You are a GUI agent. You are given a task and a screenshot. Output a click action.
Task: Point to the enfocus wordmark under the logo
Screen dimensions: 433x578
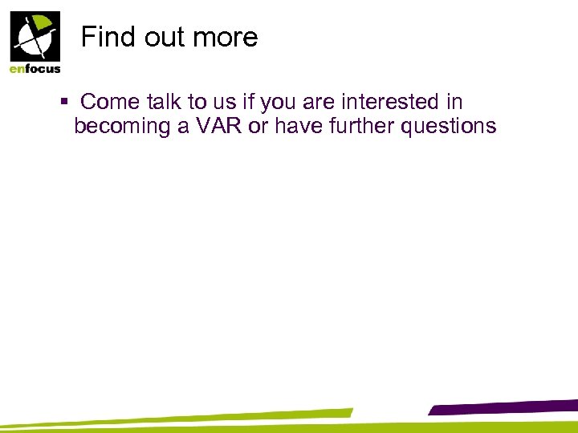tap(35, 69)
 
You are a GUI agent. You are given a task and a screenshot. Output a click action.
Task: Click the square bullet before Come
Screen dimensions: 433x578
tap(64, 103)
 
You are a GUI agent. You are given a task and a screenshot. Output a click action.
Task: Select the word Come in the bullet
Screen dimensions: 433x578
tap(112, 102)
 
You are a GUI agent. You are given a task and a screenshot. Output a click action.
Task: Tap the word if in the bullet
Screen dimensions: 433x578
tap(250, 102)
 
